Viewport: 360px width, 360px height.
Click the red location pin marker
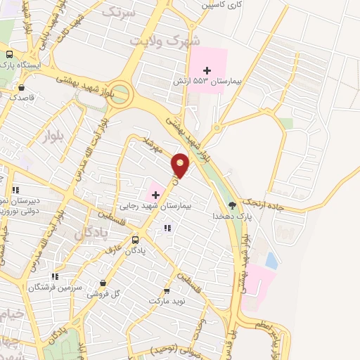point(181,166)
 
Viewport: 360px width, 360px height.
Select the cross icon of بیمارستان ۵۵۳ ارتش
point(207,70)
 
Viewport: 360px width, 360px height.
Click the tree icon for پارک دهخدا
point(232,205)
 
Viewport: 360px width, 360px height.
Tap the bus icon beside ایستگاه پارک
point(9,54)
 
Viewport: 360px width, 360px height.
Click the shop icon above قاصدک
point(22,88)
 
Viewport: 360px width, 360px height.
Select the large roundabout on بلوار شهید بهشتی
point(121,93)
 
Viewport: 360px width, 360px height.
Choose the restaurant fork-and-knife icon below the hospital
point(167,228)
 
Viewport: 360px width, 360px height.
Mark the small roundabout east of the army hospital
point(217,128)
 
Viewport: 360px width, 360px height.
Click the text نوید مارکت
point(167,300)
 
